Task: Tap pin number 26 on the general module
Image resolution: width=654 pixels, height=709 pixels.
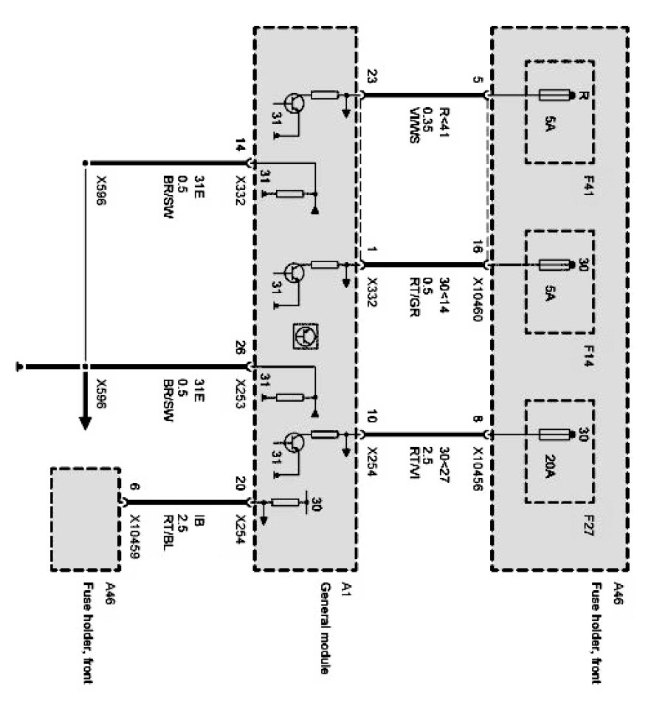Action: pyautogui.click(x=240, y=347)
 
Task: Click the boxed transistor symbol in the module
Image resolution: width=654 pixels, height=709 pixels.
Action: pyautogui.click(x=305, y=336)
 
